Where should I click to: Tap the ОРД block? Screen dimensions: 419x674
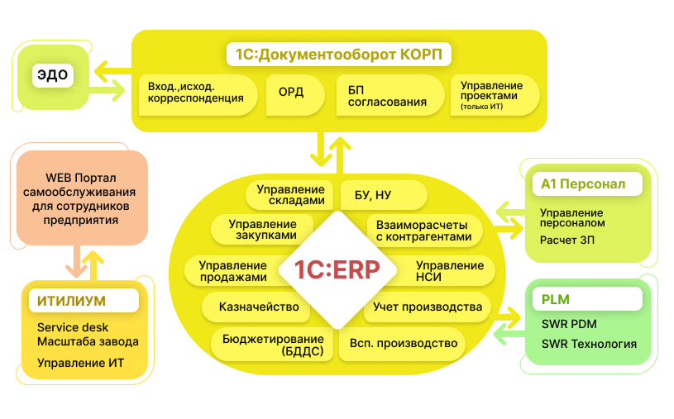(x=292, y=94)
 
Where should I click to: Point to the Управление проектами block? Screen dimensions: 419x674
(x=493, y=94)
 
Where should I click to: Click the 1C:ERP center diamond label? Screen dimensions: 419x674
(x=336, y=269)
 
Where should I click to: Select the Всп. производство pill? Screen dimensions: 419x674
(x=403, y=343)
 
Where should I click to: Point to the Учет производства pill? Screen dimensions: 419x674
(x=428, y=307)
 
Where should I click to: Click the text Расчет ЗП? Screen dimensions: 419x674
(x=568, y=240)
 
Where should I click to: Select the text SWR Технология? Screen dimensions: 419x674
(x=589, y=344)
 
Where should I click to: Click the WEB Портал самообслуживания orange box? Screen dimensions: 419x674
(x=81, y=200)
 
